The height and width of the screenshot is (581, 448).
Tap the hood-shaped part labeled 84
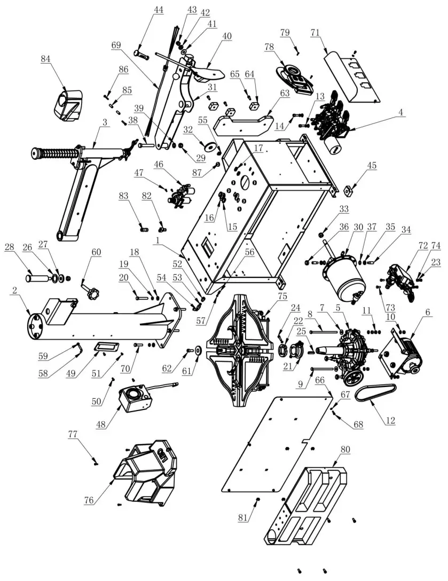68,104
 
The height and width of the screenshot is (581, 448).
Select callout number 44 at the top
144,10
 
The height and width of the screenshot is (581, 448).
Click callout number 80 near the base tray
345,450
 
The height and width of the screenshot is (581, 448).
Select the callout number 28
23,246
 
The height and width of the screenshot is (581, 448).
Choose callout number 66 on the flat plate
320,380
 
